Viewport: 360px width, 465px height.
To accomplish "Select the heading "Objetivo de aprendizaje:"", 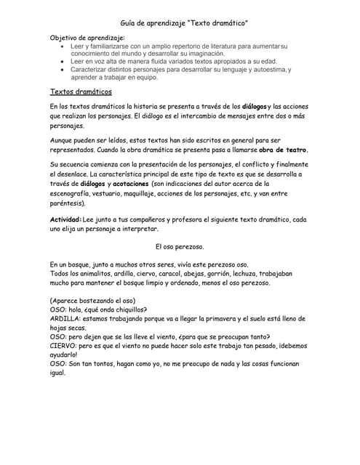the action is (87, 37).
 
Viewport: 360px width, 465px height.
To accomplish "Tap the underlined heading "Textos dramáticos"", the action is (81, 92).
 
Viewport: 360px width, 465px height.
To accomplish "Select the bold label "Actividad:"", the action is (65, 219).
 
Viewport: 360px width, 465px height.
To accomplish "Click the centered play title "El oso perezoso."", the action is (180, 246).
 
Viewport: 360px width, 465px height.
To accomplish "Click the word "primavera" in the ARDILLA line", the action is (226, 319).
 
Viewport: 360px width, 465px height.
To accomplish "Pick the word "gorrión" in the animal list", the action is (220, 274).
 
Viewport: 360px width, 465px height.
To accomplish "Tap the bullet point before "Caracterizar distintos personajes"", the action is (64, 70).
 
